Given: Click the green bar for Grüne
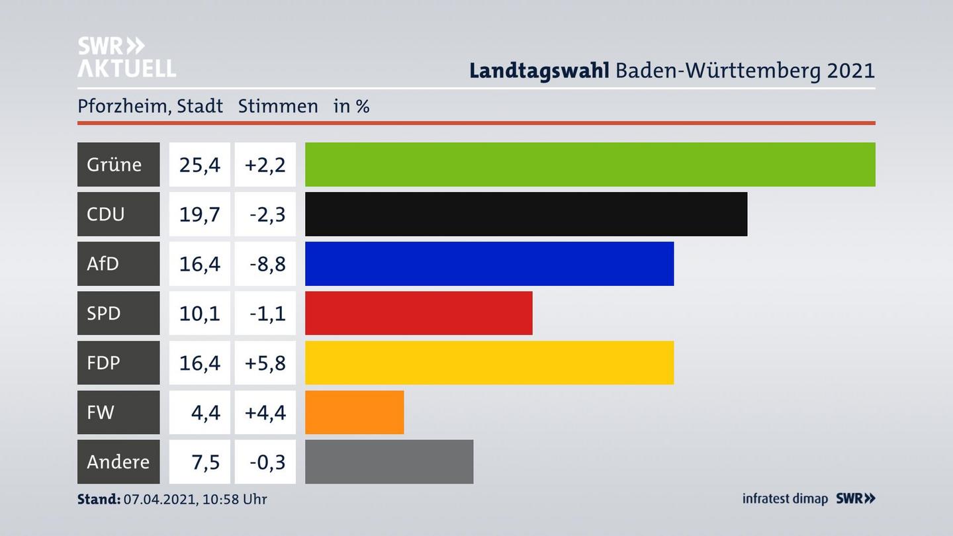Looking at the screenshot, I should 590,164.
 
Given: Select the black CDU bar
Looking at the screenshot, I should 525,214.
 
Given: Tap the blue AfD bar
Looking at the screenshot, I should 489,263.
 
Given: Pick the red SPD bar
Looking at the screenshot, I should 418,313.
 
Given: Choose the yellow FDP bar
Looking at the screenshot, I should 489,363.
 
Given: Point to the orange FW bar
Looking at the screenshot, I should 354,412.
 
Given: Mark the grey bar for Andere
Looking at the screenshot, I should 389,462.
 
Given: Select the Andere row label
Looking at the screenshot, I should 118,462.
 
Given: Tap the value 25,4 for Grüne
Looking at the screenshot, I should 199,164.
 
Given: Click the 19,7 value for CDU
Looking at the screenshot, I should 199,214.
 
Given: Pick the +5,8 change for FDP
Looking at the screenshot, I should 265,363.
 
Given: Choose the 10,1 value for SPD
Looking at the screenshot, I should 199,313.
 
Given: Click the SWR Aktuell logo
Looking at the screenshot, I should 126,57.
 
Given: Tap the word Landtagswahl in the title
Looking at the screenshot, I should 539,71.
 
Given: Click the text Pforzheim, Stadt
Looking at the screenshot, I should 150,106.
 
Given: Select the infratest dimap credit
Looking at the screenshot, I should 785,499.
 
